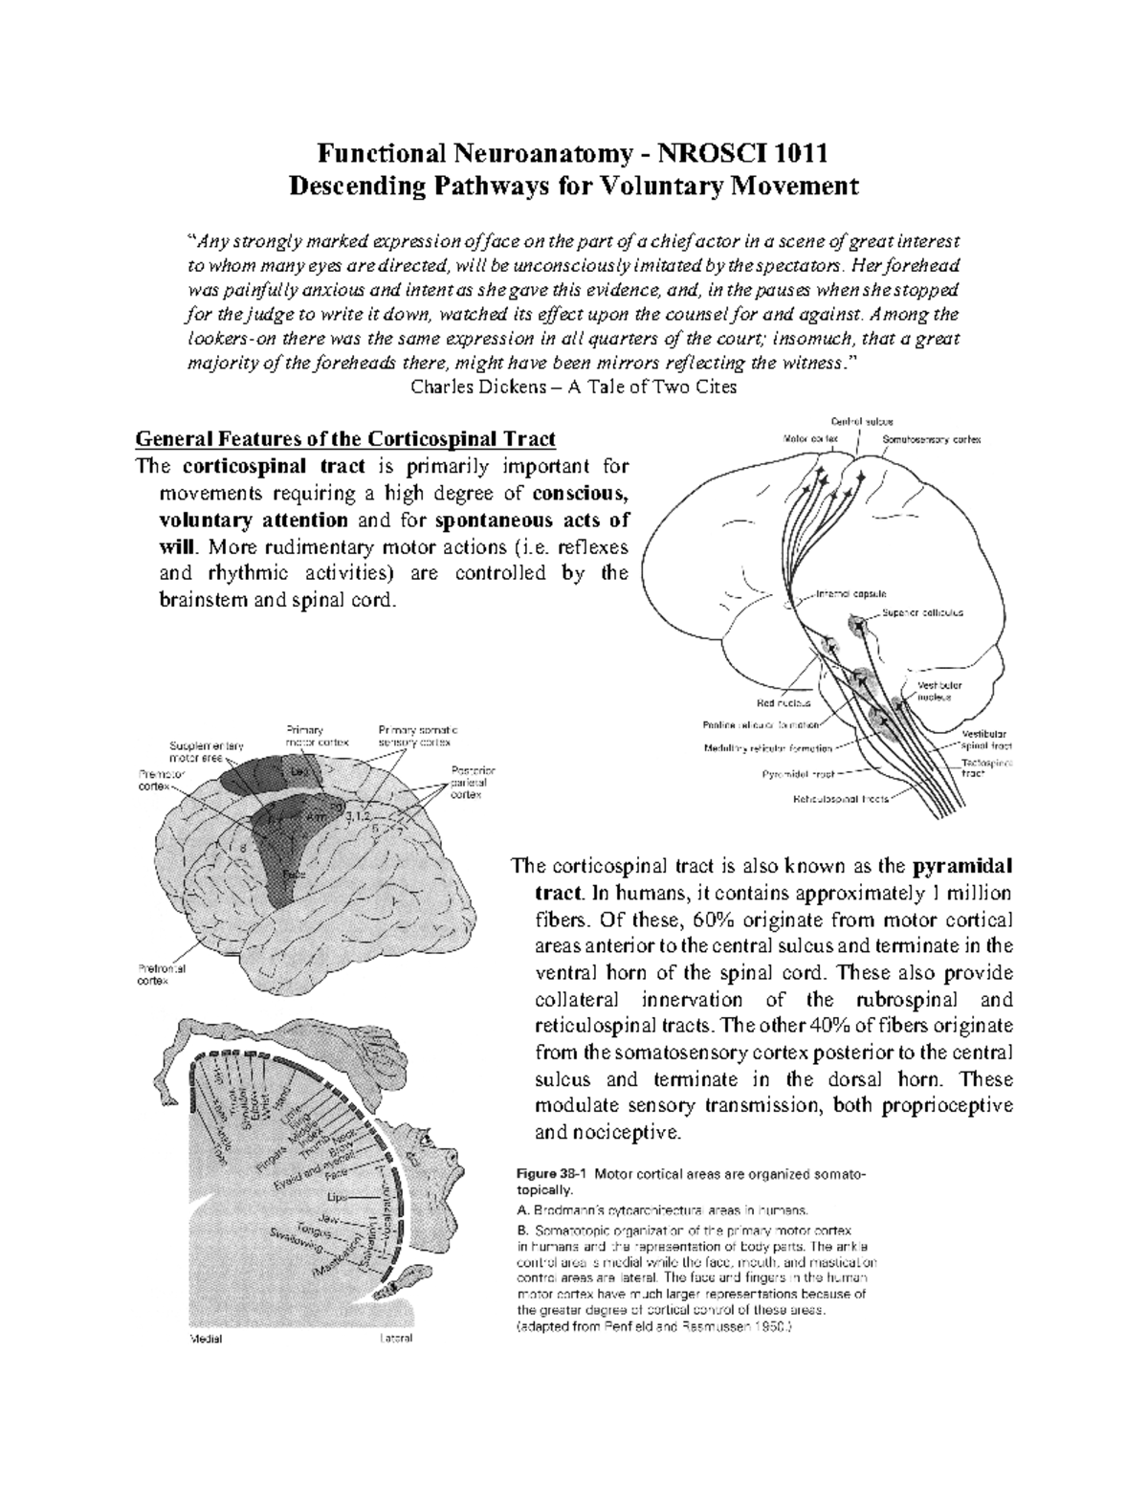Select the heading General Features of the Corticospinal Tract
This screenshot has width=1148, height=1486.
click(345, 440)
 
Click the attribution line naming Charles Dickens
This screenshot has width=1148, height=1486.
click(573, 388)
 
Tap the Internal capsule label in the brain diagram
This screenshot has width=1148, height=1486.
click(852, 592)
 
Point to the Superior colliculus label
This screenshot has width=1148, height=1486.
click(922, 611)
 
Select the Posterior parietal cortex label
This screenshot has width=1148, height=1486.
click(467, 782)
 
